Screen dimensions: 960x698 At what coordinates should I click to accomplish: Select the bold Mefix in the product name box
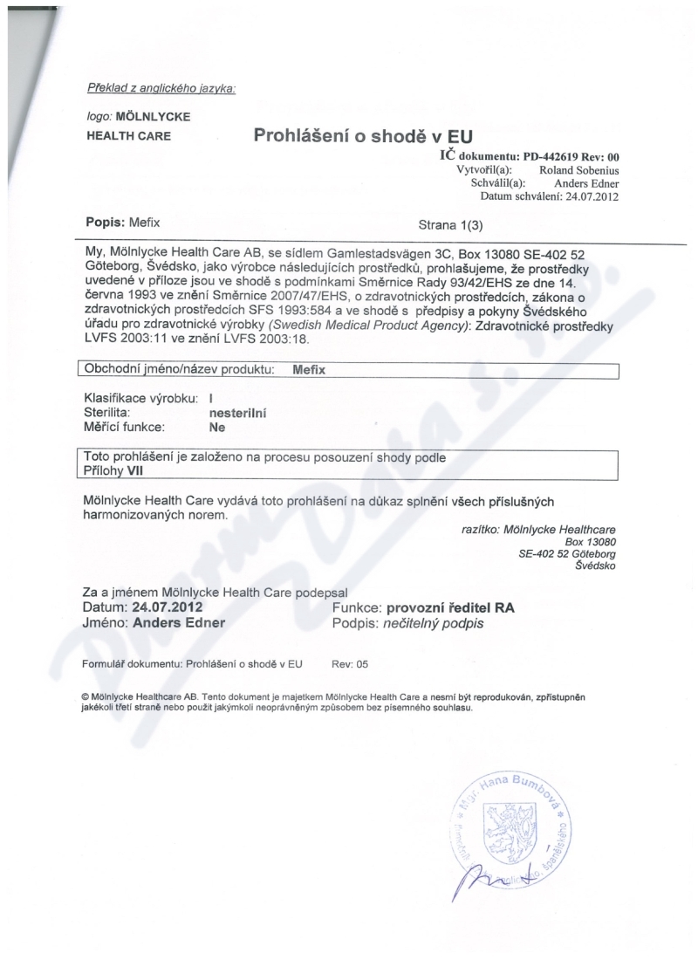point(308,369)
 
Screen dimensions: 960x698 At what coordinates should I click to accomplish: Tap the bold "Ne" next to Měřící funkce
point(217,429)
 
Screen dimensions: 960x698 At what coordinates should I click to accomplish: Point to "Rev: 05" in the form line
point(351,663)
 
